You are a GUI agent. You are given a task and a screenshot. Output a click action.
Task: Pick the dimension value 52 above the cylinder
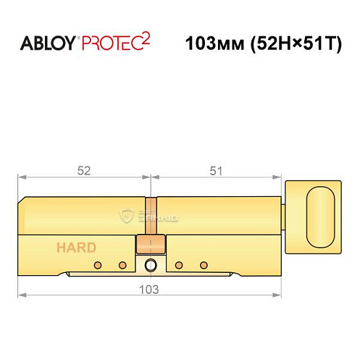(84, 171)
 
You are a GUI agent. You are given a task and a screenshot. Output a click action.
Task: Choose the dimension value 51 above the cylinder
(216, 171)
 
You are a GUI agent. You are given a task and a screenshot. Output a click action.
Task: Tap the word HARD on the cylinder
(77, 248)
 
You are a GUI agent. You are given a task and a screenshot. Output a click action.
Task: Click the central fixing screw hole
(151, 264)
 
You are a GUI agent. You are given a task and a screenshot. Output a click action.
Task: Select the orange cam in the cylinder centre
(151, 243)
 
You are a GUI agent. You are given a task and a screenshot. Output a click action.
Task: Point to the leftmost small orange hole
(94, 264)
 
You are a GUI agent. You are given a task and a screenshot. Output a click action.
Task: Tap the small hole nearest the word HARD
(94, 264)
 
